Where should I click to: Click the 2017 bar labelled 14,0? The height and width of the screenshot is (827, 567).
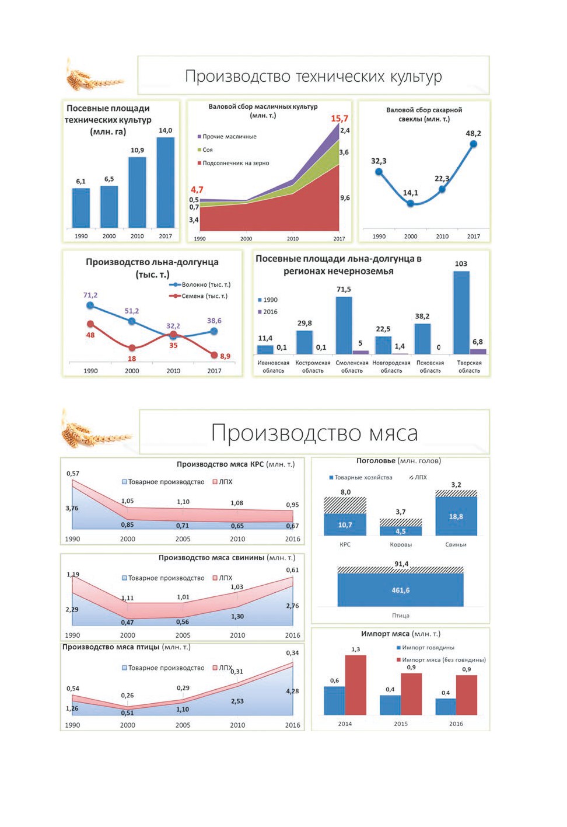(x=166, y=182)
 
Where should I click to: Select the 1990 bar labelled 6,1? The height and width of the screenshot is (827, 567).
(x=81, y=208)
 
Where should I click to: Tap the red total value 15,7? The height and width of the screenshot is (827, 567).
(x=339, y=119)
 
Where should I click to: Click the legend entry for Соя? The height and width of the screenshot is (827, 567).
(x=205, y=150)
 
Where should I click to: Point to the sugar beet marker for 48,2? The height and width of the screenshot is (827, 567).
(x=473, y=144)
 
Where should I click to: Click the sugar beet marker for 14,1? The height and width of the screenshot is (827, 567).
(x=410, y=203)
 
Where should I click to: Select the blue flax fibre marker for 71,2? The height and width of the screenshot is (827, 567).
(x=90, y=305)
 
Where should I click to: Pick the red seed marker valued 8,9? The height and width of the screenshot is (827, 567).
(x=214, y=355)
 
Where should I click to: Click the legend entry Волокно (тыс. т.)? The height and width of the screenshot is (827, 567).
(x=200, y=284)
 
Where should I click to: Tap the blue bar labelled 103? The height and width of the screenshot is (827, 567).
(x=461, y=312)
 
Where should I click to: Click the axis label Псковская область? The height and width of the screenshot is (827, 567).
(x=430, y=367)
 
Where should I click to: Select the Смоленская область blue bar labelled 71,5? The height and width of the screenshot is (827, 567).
(x=344, y=325)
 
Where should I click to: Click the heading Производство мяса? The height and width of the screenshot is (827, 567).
(x=314, y=433)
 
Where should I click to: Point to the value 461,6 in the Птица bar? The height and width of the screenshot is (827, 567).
(x=400, y=590)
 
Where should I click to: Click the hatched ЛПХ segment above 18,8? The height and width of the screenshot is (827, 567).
(x=456, y=494)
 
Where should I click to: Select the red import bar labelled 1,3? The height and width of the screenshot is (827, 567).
(x=356, y=685)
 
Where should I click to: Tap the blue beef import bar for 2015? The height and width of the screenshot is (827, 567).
(x=390, y=705)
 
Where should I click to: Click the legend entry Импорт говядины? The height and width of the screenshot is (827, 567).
(x=425, y=648)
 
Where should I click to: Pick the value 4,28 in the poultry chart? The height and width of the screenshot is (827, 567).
(x=292, y=691)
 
